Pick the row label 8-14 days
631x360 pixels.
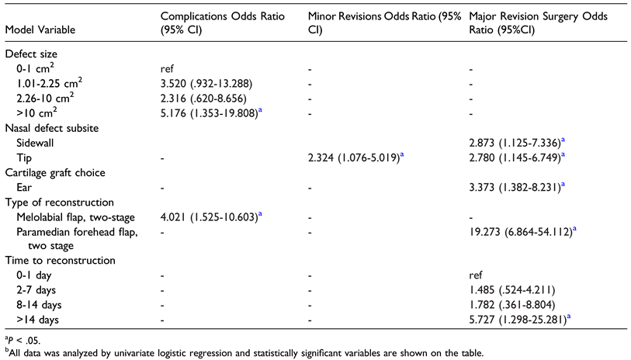click(40, 303)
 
